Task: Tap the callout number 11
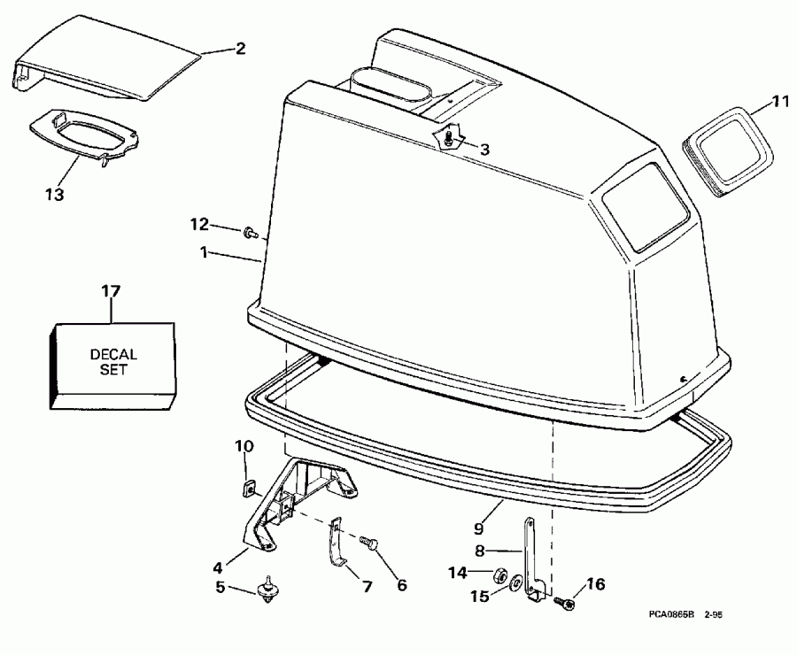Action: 778,102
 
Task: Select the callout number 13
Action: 54,193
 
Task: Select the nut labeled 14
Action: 499,574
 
